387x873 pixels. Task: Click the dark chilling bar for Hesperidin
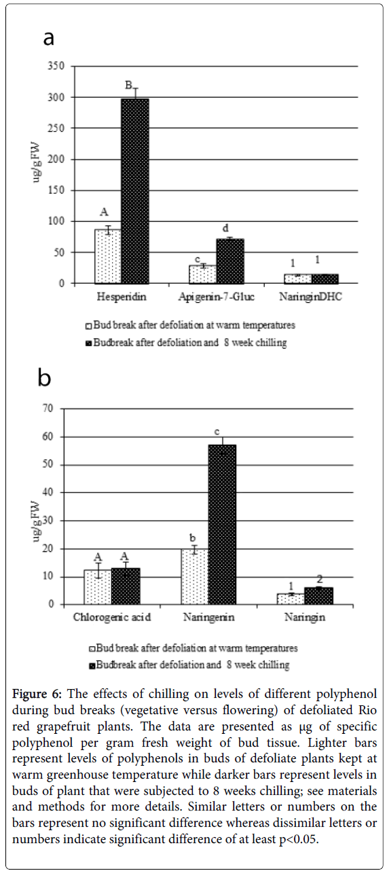135,191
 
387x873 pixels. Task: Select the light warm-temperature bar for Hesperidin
108,256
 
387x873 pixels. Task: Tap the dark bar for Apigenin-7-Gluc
230,261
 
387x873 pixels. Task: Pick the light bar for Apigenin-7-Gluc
202,274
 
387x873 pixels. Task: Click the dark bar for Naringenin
222,525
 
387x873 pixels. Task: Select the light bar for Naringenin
194,577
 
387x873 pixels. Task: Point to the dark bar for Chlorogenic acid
126,586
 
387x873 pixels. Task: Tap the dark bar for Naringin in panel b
319,596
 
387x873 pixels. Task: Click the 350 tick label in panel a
56,66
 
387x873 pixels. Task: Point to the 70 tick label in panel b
49,409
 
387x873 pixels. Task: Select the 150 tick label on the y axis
56,190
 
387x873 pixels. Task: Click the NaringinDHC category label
310,297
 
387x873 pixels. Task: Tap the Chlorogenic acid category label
112,617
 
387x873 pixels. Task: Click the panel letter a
48,39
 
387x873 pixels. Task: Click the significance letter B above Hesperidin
128,85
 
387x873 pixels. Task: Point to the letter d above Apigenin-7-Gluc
225,228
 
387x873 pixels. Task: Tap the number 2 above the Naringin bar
320,579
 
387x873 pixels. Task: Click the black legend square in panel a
88,343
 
